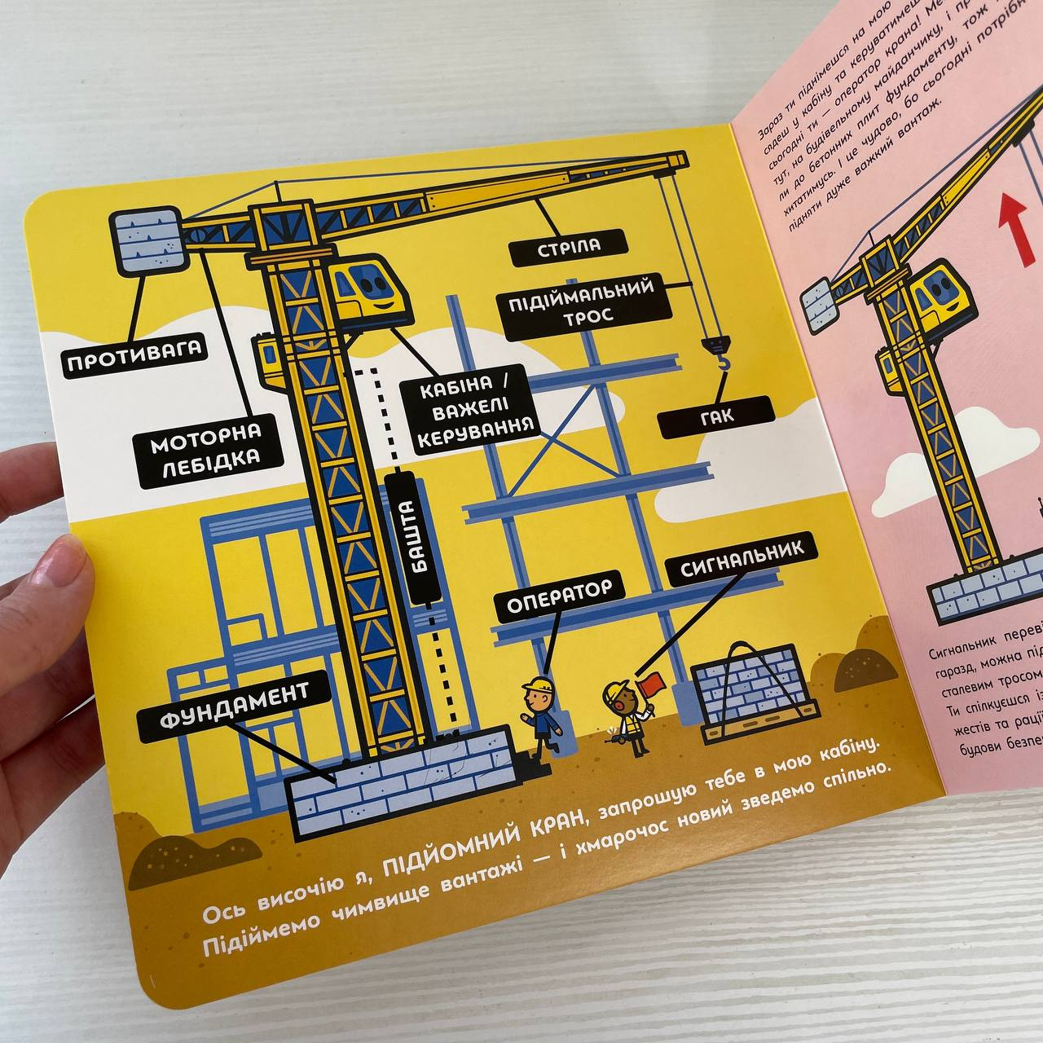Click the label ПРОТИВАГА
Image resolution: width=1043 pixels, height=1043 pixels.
click(134, 359)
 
